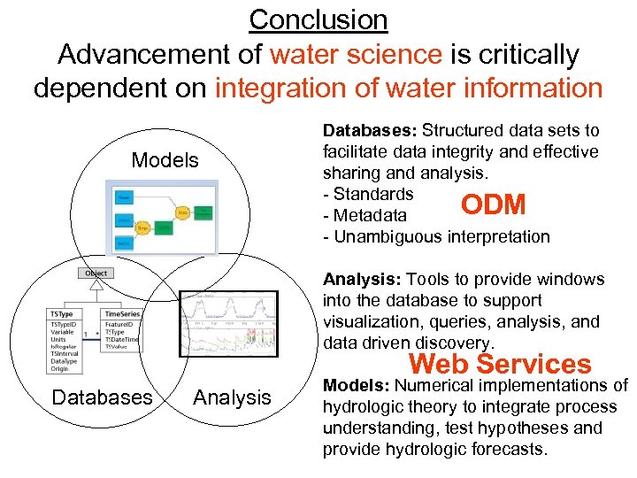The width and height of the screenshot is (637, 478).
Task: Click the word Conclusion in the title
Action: [318, 19]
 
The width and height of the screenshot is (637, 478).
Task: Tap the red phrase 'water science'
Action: [356, 54]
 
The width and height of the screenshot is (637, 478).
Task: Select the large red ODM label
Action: [494, 204]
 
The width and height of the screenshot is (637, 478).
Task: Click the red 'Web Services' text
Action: [500, 363]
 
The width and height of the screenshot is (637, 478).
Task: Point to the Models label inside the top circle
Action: [165, 160]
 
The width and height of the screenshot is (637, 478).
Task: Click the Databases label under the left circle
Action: [102, 397]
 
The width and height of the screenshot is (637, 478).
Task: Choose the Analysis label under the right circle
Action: [232, 397]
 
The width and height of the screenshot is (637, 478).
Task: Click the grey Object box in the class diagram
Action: [96, 274]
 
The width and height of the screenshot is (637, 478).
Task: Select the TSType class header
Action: [61, 313]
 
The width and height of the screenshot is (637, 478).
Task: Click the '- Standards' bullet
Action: [368, 194]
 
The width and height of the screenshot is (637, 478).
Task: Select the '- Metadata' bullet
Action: [365, 215]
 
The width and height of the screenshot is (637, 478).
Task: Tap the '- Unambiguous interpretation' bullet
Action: [436, 236]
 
